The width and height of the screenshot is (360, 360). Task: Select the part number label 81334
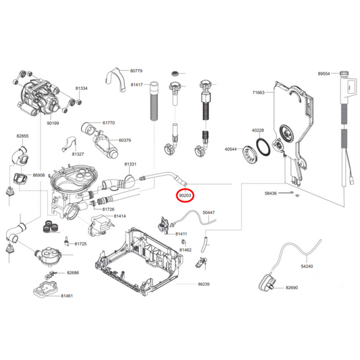point(82,88)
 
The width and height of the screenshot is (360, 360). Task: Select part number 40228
point(257,130)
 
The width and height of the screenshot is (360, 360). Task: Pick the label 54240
point(307,267)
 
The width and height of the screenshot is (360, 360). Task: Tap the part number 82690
point(292,288)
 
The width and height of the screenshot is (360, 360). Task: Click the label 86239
point(205,285)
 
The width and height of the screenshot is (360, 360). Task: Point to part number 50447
point(209,213)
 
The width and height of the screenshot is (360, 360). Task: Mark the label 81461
point(67,297)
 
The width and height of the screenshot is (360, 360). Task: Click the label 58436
point(271,194)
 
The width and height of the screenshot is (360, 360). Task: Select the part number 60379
point(124,140)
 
